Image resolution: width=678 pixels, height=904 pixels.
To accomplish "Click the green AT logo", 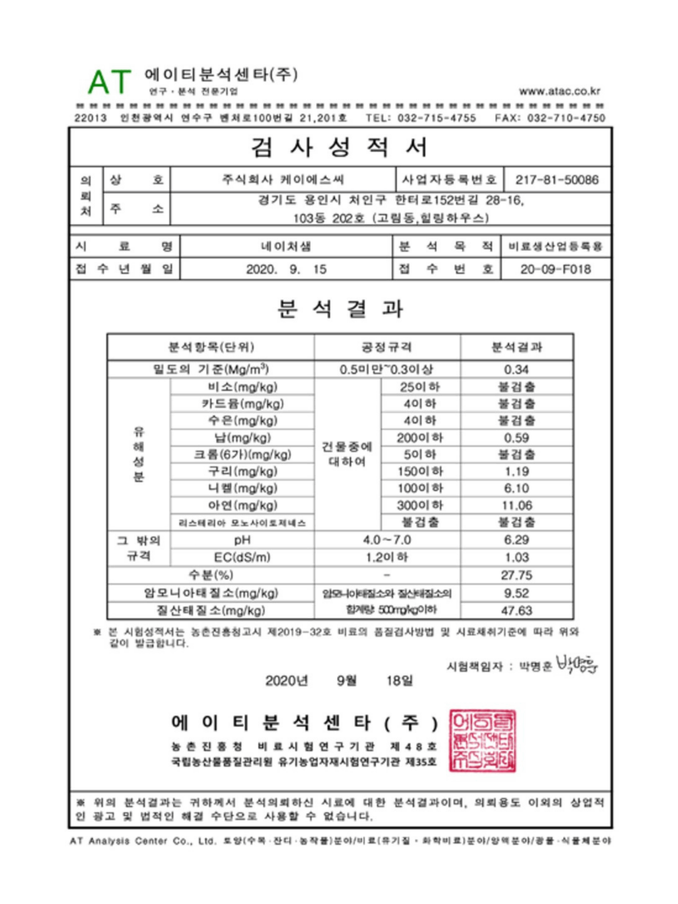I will point(109,82).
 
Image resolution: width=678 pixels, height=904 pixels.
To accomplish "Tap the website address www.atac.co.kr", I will point(559,91).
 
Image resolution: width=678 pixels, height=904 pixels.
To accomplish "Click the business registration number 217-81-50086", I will point(556,180).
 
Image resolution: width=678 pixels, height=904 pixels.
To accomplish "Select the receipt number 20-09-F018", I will point(555,270).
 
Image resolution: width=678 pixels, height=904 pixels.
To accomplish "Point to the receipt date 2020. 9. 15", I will point(286,270).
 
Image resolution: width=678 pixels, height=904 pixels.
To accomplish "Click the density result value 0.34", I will point(516,370).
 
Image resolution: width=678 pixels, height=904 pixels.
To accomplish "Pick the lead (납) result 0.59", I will point(516,438).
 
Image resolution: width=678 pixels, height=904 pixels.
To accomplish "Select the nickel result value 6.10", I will point(516,488).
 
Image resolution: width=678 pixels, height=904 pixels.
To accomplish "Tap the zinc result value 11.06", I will point(516,506).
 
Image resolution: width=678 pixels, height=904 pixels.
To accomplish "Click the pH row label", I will point(242,540).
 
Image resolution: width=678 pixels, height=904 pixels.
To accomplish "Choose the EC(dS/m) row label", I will point(242,557).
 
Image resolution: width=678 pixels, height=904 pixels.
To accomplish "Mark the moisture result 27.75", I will point(516,575).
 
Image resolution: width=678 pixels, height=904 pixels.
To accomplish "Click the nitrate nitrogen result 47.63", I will point(516,611).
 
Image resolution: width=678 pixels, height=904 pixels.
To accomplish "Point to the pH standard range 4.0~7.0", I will point(387,540).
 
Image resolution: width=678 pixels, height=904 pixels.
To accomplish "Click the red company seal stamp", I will point(483,741).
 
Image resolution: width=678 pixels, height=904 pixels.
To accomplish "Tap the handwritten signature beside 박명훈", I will point(577,664).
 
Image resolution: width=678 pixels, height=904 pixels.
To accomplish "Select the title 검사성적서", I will point(340,147).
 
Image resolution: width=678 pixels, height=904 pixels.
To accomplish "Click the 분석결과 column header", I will point(516,347).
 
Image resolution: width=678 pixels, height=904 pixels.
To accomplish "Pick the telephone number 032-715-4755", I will point(436,118).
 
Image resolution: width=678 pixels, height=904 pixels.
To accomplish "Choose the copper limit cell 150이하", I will point(420,471).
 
